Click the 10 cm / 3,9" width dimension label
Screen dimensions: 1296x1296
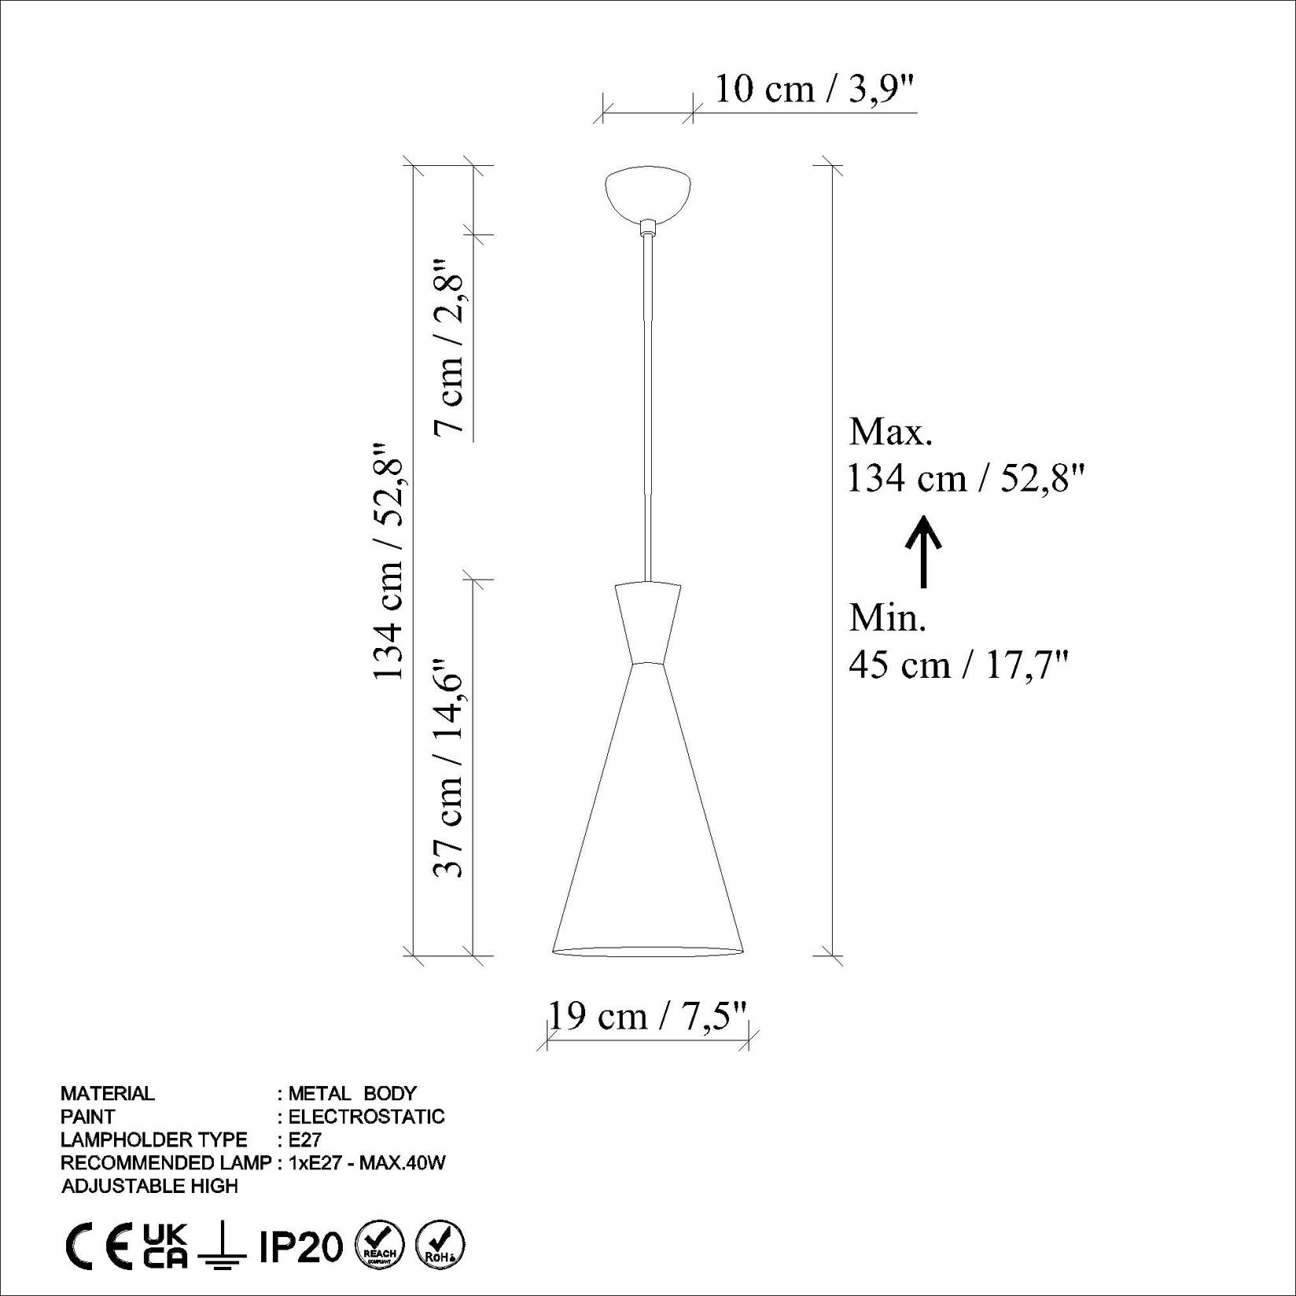coord(816,90)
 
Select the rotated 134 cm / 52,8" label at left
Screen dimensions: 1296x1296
coord(388,560)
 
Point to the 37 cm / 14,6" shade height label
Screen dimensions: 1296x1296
coord(451,768)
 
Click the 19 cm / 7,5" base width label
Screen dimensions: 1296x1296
coord(646,1016)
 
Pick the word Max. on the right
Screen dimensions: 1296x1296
coord(890,432)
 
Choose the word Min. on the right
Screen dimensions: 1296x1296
coord(888,618)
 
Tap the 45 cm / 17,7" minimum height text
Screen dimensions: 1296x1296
coord(959,665)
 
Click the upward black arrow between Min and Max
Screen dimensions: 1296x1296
coord(923,551)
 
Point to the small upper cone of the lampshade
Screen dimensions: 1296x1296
coord(648,623)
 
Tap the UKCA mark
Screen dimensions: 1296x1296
coord(166,1246)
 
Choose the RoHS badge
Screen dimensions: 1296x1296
coord(440,1246)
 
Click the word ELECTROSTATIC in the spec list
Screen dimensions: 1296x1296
coord(366,1117)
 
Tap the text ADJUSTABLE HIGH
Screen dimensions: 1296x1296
coord(149,1186)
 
